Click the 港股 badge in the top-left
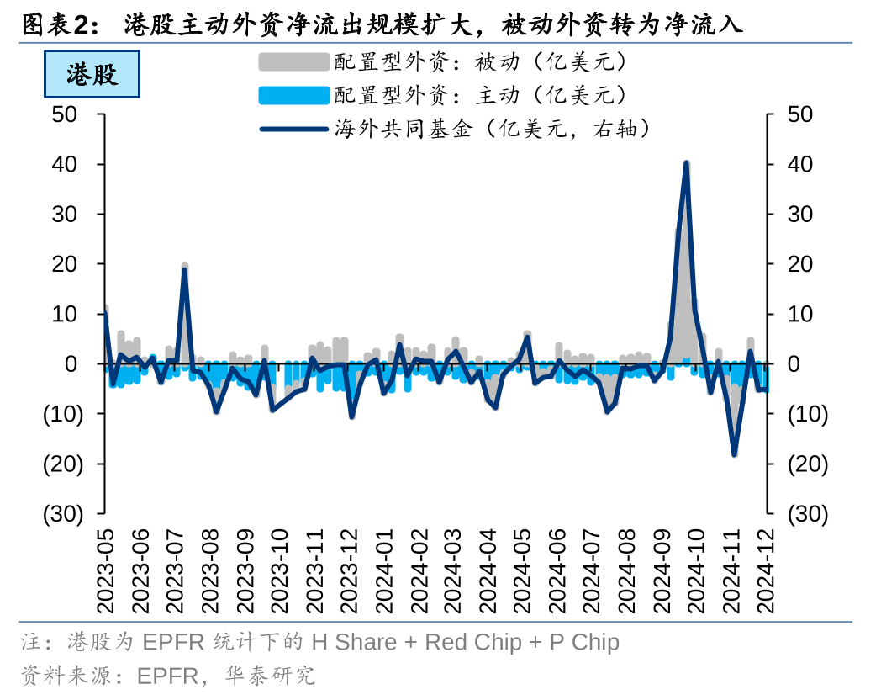click(x=92, y=74)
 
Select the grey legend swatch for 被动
click(x=293, y=61)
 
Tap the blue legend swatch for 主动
click(x=293, y=95)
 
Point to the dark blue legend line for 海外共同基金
click(x=293, y=129)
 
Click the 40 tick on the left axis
click(x=64, y=164)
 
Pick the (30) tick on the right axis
click(x=806, y=513)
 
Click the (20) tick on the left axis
click(x=63, y=464)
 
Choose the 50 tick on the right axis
click(x=801, y=114)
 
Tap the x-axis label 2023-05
click(x=104, y=571)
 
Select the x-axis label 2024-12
click(x=767, y=571)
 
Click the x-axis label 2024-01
click(x=382, y=571)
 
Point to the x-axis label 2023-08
click(x=209, y=571)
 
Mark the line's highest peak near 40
click(x=687, y=162)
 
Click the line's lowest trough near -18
click(x=734, y=454)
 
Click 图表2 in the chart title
click(x=52, y=24)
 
